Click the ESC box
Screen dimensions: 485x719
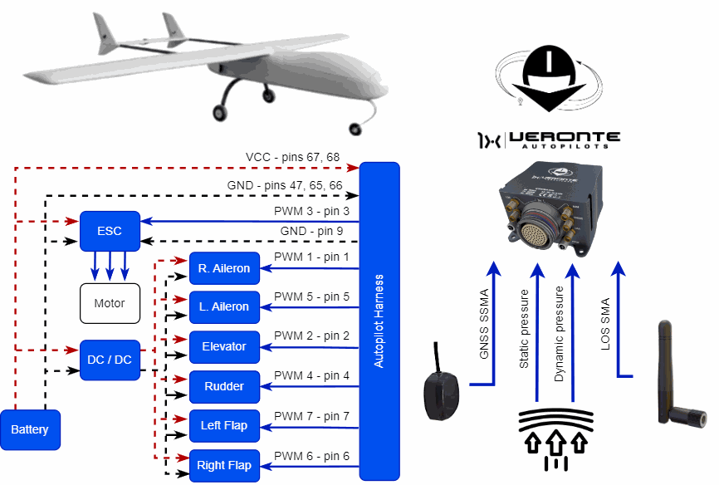pos(110,231)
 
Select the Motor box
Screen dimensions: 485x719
pos(110,303)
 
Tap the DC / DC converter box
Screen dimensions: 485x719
pos(110,360)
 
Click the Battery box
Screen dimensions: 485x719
pos(30,429)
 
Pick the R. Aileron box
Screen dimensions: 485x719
pos(224,267)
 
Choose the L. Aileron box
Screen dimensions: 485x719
pos(224,306)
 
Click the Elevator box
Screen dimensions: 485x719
pos(224,346)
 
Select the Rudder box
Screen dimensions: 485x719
pos(224,386)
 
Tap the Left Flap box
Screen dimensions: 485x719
pos(224,426)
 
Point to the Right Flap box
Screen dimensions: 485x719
pos(224,465)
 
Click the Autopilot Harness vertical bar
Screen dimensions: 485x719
pos(379,321)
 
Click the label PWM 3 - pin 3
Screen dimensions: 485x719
pos(311,212)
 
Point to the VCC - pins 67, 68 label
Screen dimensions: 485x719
pos(292,158)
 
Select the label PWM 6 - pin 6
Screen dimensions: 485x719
pos(311,456)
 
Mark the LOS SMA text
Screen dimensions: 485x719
pos(605,324)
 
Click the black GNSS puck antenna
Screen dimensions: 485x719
pos(440,394)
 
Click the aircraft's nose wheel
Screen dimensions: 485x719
pos(356,128)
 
